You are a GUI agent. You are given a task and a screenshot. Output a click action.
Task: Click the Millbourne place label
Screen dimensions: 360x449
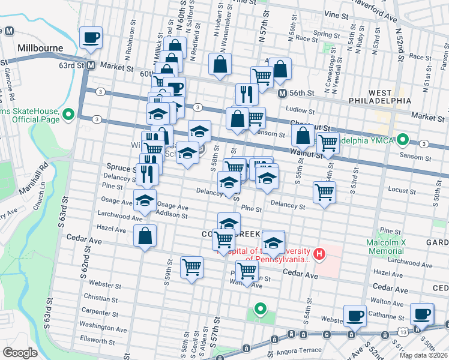41,47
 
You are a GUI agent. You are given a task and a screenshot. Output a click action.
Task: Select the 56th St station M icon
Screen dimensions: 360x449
282,93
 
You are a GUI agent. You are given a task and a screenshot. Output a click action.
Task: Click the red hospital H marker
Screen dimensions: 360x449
319,254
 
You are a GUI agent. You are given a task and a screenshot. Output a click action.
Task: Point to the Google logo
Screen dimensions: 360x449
20,352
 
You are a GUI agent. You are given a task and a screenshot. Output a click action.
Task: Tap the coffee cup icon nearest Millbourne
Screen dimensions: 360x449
91,38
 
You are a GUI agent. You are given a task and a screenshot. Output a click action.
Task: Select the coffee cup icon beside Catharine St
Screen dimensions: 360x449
354,315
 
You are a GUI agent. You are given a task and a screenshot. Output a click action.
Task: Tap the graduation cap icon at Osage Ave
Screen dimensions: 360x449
145,201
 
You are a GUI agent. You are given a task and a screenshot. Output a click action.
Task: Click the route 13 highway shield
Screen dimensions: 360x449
401,331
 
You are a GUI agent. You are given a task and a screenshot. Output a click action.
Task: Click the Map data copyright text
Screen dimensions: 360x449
422,355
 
